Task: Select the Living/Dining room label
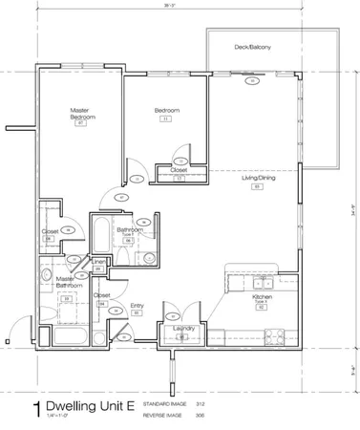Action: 257,178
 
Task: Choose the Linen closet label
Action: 99,261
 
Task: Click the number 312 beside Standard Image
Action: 200,404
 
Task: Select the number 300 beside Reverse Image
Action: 200,416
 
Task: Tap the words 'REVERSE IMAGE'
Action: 161,416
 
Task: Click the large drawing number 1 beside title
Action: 36,408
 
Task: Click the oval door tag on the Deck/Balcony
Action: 251,81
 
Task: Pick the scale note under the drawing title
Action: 57,421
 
